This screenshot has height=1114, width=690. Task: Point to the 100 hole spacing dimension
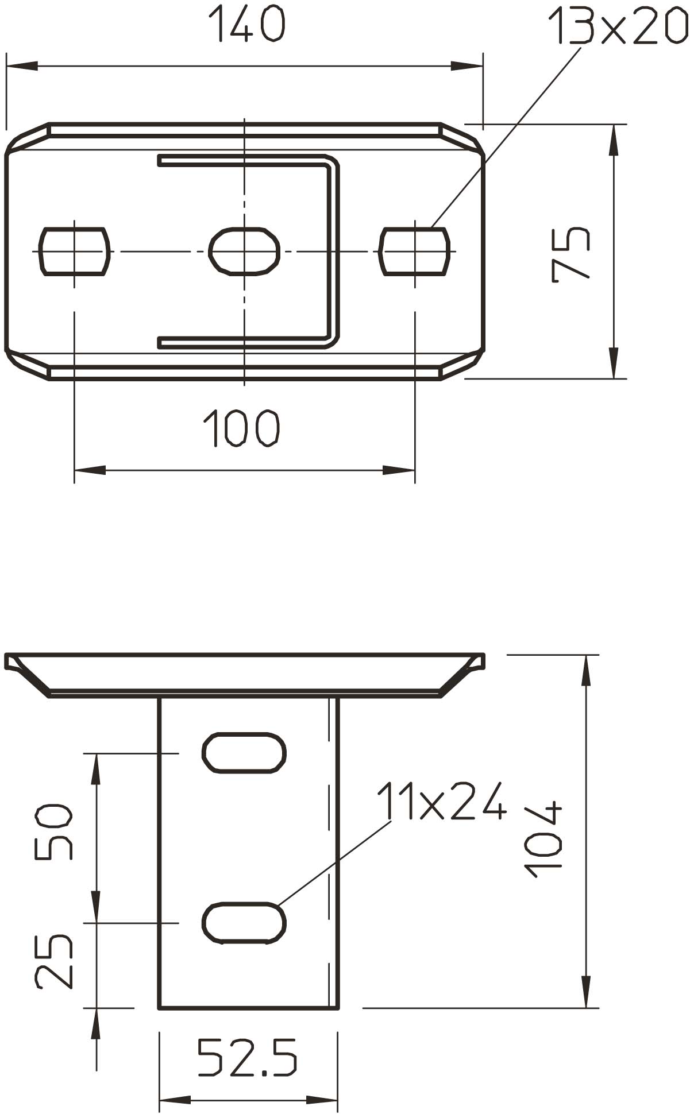tap(241, 428)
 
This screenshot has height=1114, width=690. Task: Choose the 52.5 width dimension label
tap(248, 1057)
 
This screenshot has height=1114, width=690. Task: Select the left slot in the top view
tap(74, 251)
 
